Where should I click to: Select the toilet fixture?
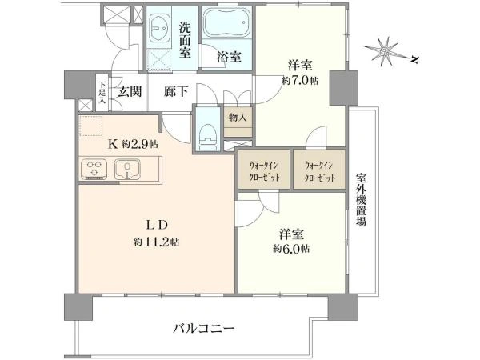click(207, 137)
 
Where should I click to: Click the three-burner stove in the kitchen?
click(94, 170)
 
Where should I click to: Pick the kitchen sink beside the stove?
click(127, 170)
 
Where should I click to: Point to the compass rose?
click(385, 51)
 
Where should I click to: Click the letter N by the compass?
click(414, 59)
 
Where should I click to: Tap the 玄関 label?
click(130, 91)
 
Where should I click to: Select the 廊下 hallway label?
click(175, 91)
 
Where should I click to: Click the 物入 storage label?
click(238, 118)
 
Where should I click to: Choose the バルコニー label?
click(204, 329)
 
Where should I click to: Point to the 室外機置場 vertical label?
click(362, 200)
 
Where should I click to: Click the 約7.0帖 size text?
click(300, 81)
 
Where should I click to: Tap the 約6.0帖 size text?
click(291, 248)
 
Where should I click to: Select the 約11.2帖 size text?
click(156, 242)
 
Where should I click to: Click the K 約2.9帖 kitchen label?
click(133, 143)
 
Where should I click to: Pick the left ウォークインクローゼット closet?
click(264, 169)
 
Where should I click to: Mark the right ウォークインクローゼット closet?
click(319, 169)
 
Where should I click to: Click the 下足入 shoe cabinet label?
click(102, 93)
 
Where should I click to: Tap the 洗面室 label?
click(185, 41)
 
